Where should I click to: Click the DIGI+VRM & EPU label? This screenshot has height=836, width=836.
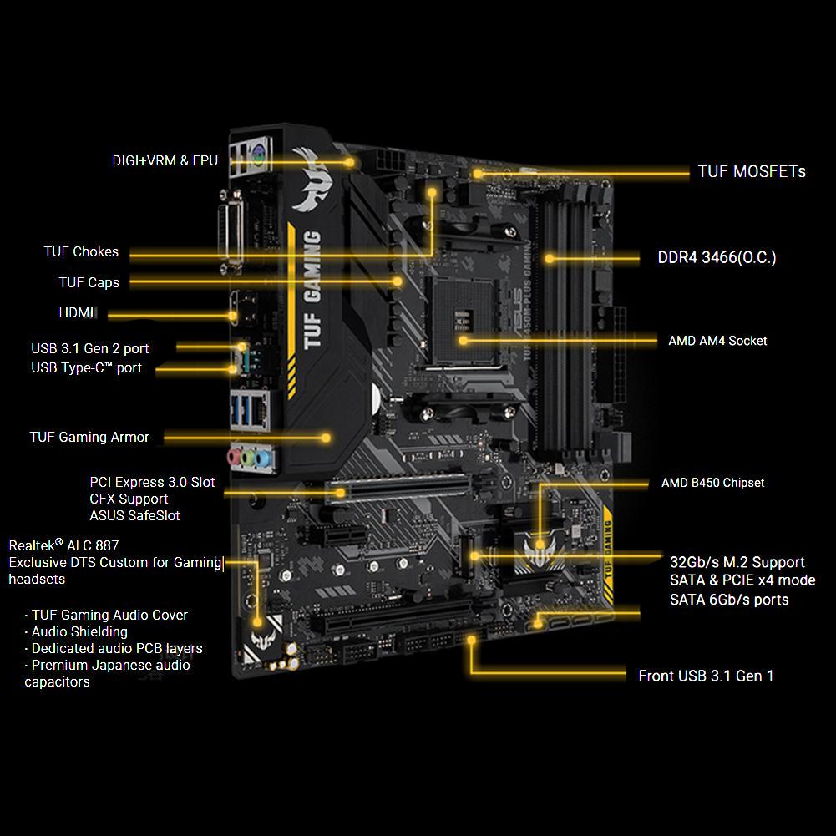tap(165, 160)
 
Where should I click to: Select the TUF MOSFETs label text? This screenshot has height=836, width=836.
tap(752, 171)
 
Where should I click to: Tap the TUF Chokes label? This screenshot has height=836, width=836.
tap(81, 251)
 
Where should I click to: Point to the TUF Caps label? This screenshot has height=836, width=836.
tap(89, 282)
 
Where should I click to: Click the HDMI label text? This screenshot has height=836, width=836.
tap(76, 312)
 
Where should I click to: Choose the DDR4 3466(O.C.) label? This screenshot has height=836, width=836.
tap(717, 257)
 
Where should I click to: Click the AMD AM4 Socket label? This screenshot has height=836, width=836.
tap(717, 341)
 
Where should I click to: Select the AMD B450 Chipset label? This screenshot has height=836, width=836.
tap(713, 483)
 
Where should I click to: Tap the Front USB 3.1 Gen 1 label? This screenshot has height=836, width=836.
tap(706, 676)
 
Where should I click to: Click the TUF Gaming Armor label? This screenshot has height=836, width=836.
tap(89, 437)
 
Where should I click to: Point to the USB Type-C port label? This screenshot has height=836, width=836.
tap(86, 367)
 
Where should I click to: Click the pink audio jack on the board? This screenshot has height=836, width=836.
tap(235, 456)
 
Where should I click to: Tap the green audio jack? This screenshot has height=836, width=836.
tap(248, 458)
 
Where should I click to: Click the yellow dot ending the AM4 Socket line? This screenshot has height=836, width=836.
tap(464, 340)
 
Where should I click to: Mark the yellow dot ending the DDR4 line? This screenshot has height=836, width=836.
tap(550, 259)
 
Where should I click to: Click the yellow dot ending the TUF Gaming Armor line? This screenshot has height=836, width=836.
tap(326, 438)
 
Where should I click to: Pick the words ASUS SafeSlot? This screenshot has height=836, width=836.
tap(134, 515)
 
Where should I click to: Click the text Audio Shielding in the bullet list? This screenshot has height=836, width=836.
tap(79, 631)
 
